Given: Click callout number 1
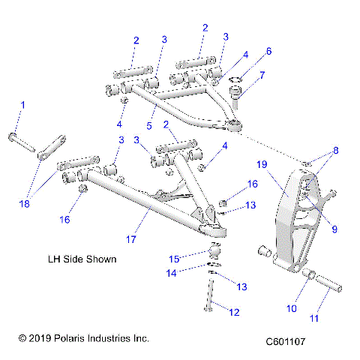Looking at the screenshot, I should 22,105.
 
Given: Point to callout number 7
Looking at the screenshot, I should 262,75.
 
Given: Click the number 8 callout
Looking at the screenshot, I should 335,150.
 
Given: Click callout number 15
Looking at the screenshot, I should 174,259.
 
